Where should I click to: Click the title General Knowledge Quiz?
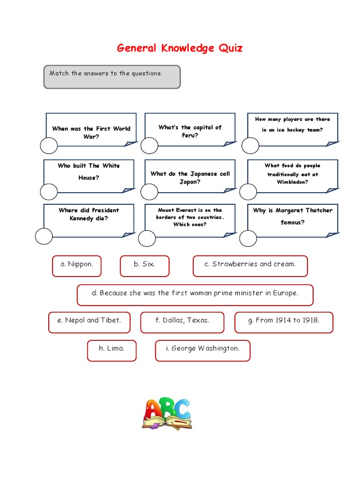coord(180,48)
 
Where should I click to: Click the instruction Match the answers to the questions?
coord(106,74)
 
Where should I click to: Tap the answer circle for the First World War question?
coord(49,146)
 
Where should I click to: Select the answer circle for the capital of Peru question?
coord(150,146)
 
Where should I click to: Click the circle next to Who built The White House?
coord(49,192)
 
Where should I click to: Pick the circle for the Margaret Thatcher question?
coord(248,238)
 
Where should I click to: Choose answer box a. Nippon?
coord(76,264)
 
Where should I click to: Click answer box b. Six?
coord(144,264)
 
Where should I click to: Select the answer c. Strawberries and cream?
coord(250,264)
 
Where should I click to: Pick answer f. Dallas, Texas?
coord(182,321)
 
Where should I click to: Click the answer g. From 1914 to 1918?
coord(284,321)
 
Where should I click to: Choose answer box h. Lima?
coord(112,348)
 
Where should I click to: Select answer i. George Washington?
coord(202,348)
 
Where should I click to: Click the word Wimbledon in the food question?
coord(292,182)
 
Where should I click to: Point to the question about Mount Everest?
coord(190,217)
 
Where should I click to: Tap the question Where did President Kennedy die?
coord(89,214)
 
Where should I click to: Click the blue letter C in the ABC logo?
coord(182,409)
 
